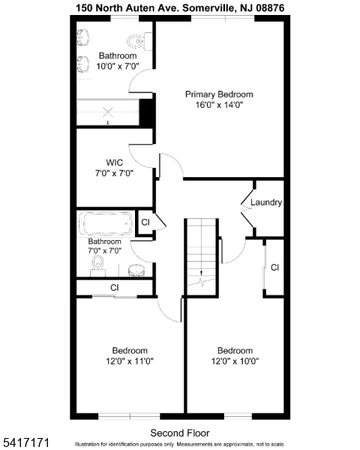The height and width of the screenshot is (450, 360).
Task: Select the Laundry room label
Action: (x=267, y=202)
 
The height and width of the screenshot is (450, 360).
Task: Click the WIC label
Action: (x=114, y=162)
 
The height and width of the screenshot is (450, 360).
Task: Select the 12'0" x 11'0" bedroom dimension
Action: (x=131, y=361)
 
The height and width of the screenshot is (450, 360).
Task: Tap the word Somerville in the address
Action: (x=208, y=7)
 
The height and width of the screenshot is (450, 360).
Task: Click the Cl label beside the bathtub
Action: (x=146, y=222)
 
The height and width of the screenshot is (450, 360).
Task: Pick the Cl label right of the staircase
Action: (x=274, y=267)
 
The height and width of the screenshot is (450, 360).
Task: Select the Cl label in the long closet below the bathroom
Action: (x=114, y=288)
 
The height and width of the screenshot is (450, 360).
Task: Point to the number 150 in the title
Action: (x=86, y=7)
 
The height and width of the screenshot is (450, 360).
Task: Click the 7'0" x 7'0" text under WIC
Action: (x=114, y=173)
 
